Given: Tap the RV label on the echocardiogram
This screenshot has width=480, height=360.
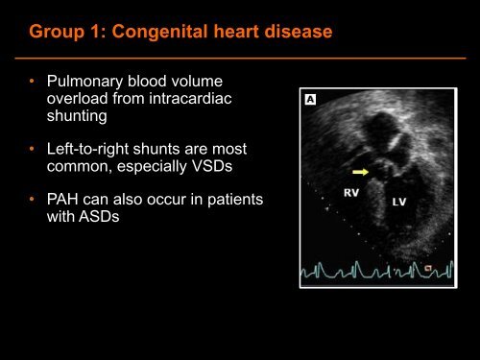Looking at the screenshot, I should coord(353,193).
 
